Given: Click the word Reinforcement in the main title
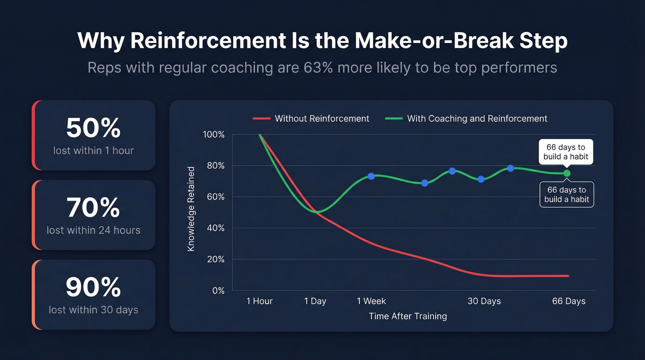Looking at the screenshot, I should [x=207, y=41].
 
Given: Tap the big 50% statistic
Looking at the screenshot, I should [x=94, y=128].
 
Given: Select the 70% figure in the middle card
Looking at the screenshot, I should [x=94, y=208].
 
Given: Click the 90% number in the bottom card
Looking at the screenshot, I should [x=94, y=288].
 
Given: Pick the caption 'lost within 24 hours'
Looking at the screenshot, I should [x=94, y=230].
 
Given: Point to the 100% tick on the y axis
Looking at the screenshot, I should [x=213, y=135].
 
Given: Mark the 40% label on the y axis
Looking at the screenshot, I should [x=215, y=228].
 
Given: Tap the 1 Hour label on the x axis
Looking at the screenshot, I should [x=259, y=301].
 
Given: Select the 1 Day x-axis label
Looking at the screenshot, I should [x=315, y=301].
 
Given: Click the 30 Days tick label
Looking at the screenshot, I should [x=484, y=301].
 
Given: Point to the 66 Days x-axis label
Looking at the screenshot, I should [x=569, y=301].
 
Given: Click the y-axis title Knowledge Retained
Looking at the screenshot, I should [x=191, y=209].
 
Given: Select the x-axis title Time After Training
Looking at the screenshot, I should [x=408, y=316].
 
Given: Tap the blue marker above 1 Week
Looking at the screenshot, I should [x=371, y=176].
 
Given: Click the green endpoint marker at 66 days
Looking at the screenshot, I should [x=567, y=173].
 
